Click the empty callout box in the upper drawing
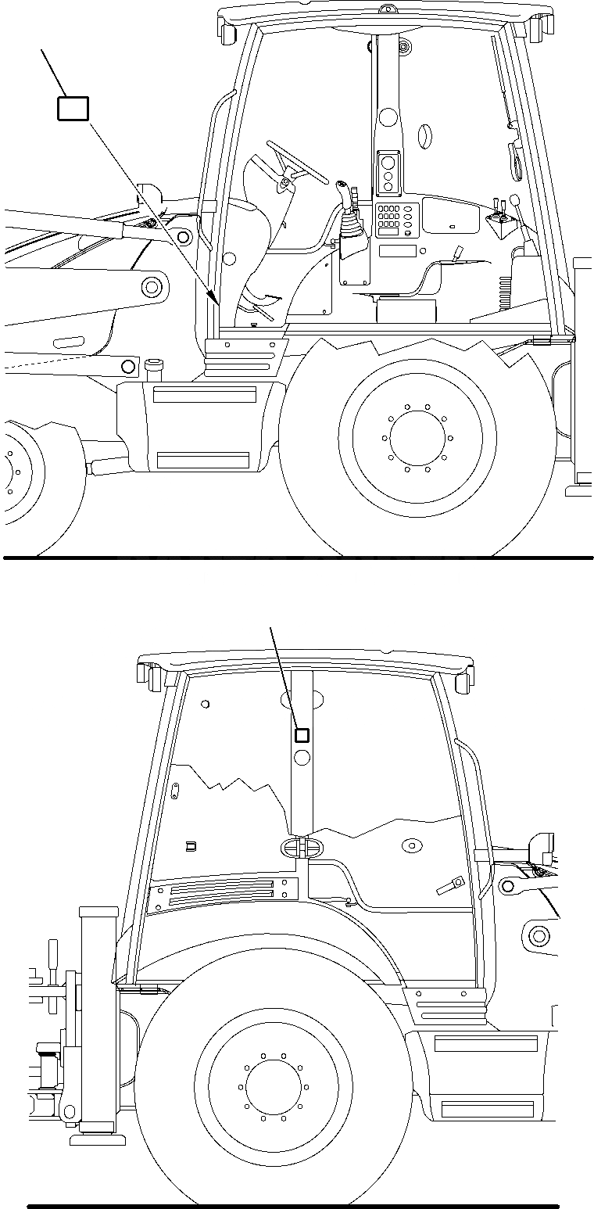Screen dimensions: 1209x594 [x=73, y=108]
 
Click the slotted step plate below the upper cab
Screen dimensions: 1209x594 [x=244, y=357]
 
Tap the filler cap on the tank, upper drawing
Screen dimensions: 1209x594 [x=153, y=365]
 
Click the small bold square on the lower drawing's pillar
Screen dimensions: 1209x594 [x=302, y=734]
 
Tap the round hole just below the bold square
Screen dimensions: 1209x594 [x=302, y=756]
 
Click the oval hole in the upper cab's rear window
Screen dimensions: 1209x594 [x=424, y=136]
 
